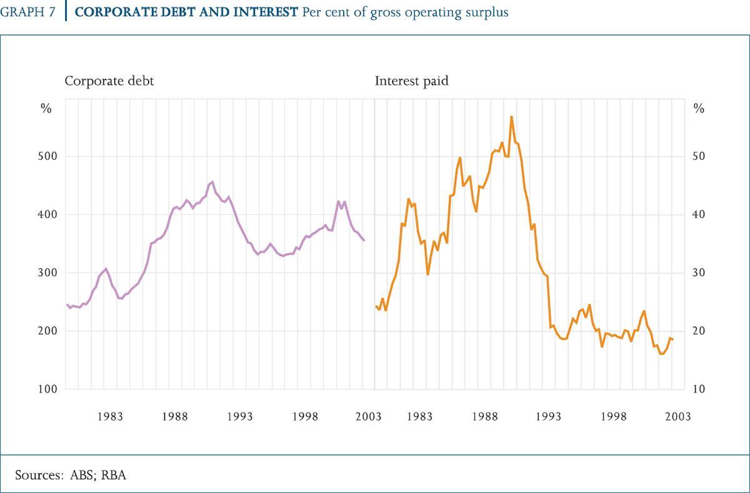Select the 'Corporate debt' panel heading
point(109,81)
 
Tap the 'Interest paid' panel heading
point(411,81)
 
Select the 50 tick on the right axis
point(699,156)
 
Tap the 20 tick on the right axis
point(699,331)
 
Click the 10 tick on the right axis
point(699,389)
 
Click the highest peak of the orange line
point(511,117)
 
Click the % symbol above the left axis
point(46,108)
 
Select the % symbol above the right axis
point(699,108)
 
